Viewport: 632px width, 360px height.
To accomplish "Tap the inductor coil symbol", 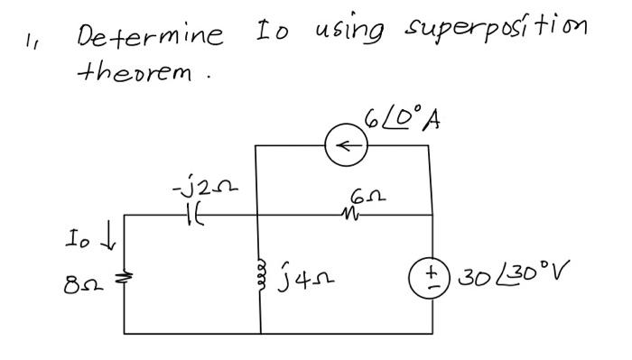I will point(262,264).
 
